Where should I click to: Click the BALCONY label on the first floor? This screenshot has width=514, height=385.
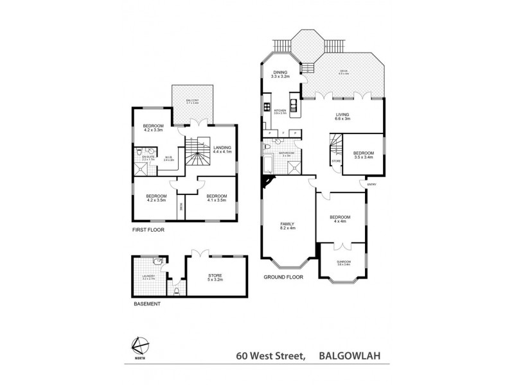tap(193, 101)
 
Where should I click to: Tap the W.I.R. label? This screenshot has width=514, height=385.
tap(168, 158)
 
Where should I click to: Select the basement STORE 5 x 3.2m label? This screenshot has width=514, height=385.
tap(215, 277)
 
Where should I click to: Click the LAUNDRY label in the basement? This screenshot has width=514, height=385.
tap(148, 278)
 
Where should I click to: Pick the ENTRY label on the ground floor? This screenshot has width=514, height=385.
tap(371, 185)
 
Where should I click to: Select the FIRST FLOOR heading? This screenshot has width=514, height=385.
tap(146, 228)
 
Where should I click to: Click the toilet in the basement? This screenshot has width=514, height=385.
tap(175, 289)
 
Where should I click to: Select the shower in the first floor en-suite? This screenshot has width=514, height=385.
tap(141, 169)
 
